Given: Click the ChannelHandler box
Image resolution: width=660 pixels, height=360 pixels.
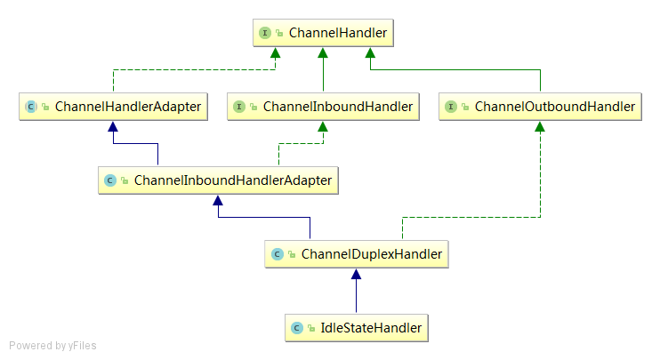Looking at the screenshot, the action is (323, 33).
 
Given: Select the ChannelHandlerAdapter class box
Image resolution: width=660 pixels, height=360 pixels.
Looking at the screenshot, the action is (113, 107).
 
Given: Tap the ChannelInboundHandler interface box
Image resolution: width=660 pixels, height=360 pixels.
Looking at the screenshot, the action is (323, 107).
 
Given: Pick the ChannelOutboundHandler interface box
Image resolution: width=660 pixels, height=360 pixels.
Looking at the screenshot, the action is (540, 107).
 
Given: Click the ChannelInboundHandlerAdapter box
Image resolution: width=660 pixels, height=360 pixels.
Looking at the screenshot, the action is (218, 180).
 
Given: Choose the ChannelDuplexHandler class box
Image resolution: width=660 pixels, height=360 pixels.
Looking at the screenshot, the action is (357, 254).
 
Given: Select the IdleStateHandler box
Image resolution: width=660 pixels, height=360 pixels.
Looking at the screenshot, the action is (357, 328).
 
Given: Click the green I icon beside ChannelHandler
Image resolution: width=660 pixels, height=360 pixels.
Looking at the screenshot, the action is (265, 33).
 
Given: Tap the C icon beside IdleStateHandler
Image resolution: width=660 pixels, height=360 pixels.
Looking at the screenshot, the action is (297, 328).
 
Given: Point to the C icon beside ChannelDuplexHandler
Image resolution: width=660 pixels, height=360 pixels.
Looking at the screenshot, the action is (277, 254).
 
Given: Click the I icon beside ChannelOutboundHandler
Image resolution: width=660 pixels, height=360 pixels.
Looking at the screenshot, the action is (451, 107).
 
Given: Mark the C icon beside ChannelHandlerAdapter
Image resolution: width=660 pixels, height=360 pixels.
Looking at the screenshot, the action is (31, 107).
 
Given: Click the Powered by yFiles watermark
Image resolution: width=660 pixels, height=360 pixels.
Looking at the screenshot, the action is (52, 346).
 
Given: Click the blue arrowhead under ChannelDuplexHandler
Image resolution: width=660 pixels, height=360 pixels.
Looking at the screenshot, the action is (356, 274).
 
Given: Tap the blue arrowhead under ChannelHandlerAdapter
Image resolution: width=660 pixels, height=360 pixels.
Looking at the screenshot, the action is (113, 126).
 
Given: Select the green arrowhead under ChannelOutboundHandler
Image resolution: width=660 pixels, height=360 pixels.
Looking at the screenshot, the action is (540, 126).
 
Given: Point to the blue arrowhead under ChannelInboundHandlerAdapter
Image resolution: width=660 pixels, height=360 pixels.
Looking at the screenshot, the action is (218, 200).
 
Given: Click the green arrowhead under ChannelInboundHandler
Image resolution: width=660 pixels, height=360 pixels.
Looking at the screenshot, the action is (323, 126).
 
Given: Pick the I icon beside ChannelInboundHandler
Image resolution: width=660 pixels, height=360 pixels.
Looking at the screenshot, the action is (239, 107).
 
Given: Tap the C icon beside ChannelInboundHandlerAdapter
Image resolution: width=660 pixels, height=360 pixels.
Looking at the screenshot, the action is (110, 180).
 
